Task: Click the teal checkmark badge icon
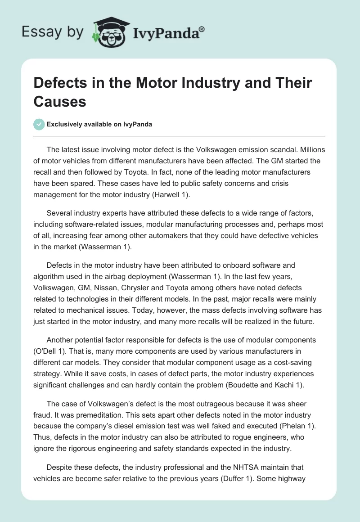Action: (39, 124)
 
